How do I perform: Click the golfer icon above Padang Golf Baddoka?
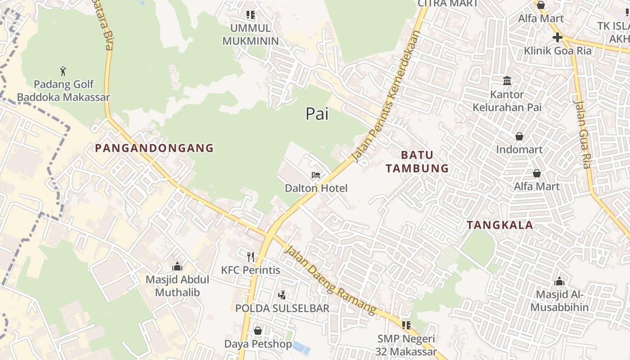coord(63,71)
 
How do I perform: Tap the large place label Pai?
coord(317,114)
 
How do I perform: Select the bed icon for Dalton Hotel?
coord(316,175)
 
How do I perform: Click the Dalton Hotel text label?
coord(316,188)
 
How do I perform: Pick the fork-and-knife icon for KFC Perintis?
coord(251,257)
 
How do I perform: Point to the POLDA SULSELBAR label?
coord(282,308)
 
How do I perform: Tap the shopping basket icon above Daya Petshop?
coord(258,331)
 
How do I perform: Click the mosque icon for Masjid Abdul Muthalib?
coord(177,266)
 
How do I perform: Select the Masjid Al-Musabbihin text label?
coord(559,301)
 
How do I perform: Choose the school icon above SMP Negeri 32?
coord(406,325)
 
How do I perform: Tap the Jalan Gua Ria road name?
coord(582,134)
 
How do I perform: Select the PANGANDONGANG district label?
coord(154,148)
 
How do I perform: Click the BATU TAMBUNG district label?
coord(417,162)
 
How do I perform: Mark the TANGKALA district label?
coord(499,225)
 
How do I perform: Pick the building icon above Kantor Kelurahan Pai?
coord(507,81)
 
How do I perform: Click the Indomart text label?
coord(519,149)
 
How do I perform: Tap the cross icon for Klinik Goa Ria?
coord(558,37)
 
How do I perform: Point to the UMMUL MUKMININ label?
coord(251,34)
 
